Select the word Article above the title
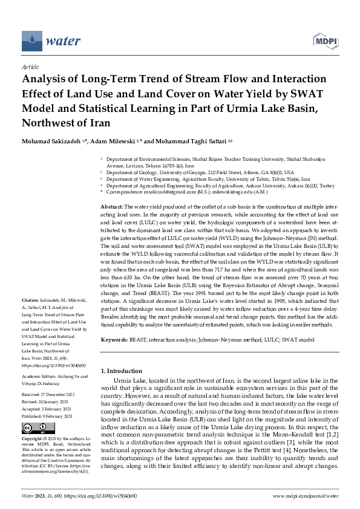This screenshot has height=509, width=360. [30, 67]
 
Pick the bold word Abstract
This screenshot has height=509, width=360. [111, 207]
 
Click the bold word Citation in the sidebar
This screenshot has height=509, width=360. [30, 300]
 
